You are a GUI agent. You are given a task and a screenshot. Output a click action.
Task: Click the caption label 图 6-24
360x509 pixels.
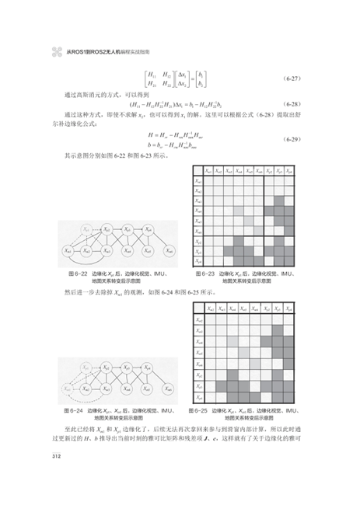coord(73,409)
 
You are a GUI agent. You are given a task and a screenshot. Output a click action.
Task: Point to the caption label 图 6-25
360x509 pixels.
coord(199,409)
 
